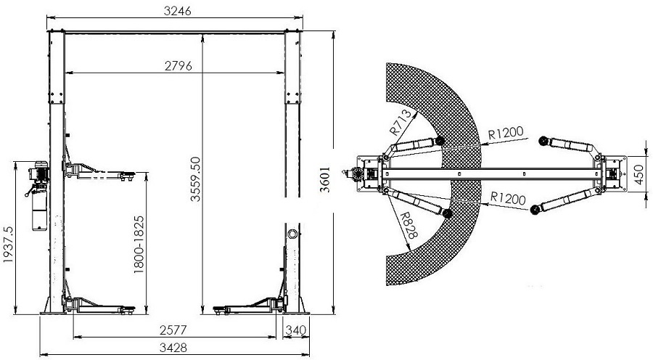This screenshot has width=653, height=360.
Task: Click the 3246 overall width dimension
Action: click(178, 12)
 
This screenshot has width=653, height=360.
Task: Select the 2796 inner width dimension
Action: click(178, 66)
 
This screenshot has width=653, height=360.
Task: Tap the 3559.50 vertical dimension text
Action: click(195, 179)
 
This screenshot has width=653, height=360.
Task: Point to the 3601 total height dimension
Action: click(325, 179)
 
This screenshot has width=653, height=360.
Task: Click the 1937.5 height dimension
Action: click(8, 245)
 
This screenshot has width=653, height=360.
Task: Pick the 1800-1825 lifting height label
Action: click(139, 245)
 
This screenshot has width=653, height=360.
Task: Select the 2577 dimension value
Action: click(173, 330)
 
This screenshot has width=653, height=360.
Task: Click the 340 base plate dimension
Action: click(296, 330)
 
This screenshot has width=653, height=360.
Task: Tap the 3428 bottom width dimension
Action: click(173, 347)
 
